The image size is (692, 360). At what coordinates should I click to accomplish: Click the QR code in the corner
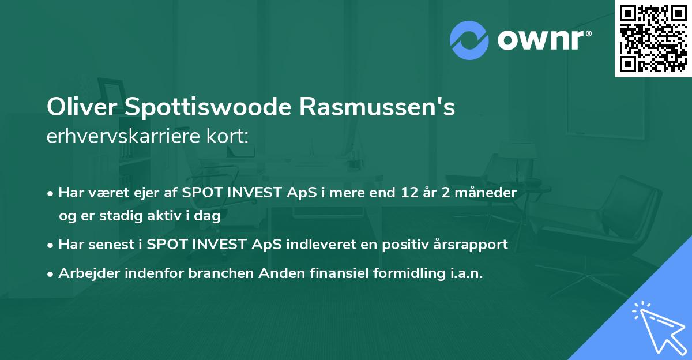(653, 38)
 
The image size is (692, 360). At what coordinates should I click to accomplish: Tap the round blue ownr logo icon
(469, 40)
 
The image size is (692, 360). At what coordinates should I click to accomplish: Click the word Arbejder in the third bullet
(86, 273)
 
